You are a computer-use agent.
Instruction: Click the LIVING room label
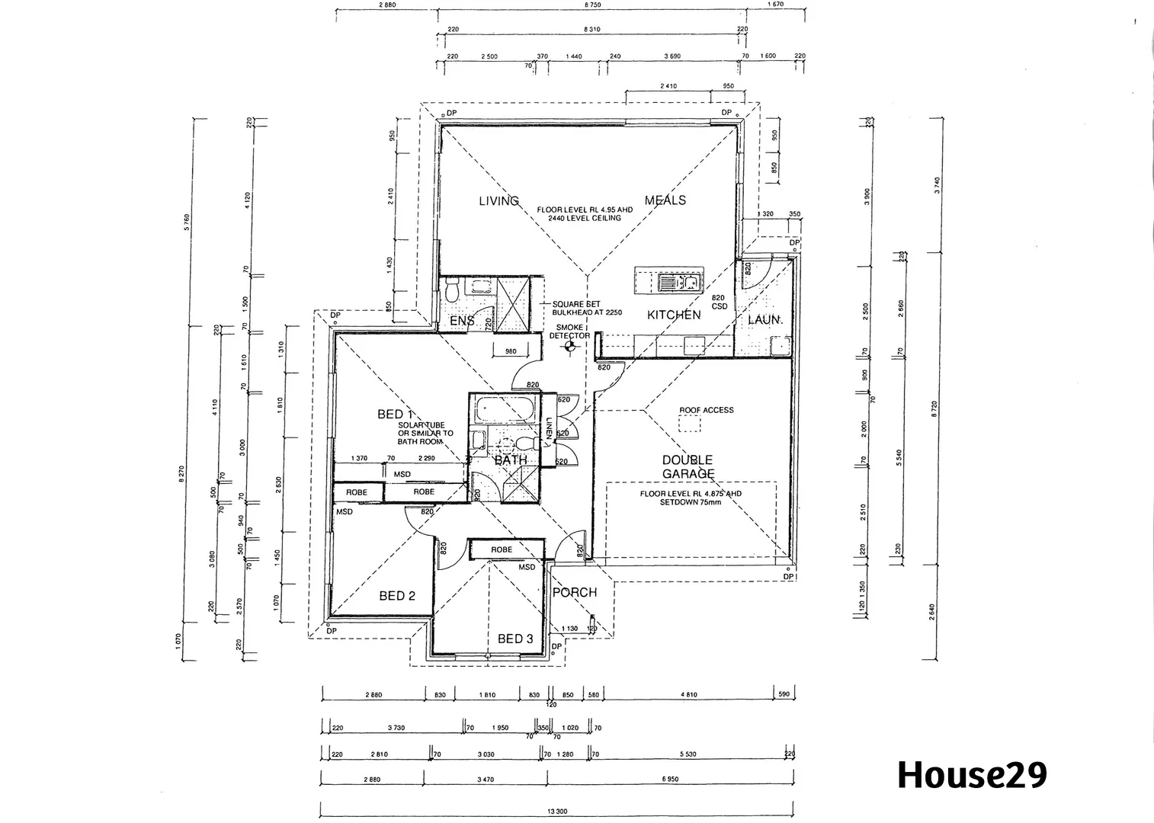pyautogui.click(x=498, y=201)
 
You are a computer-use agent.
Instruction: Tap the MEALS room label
pyautogui.click(x=665, y=200)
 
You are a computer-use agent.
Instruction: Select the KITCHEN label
pyautogui.click(x=674, y=315)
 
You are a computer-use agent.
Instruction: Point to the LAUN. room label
pyautogui.click(x=765, y=320)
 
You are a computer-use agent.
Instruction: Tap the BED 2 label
pyautogui.click(x=397, y=595)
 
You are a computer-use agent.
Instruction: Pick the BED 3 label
pyautogui.click(x=515, y=639)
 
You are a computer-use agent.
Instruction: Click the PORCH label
pyautogui.click(x=574, y=592)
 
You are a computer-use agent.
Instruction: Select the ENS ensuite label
pyautogui.click(x=462, y=321)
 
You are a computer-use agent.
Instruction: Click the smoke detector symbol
pyautogui.click(x=569, y=347)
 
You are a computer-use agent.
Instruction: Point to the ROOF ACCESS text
pyautogui.click(x=707, y=410)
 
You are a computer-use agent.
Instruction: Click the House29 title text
pyautogui.click(x=972, y=775)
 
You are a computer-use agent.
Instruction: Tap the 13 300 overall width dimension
pyautogui.click(x=557, y=812)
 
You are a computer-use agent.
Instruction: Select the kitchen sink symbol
pyautogui.click(x=678, y=283)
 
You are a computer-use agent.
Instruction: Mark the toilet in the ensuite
pyautogui.click(x=452, y=290)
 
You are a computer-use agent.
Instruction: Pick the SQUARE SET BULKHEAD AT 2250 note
pyautogui.click(x=576, y=309)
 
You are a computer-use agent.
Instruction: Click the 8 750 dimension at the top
pyautogui.click(x=592, y=5)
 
